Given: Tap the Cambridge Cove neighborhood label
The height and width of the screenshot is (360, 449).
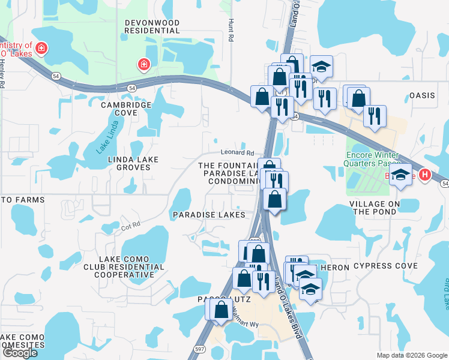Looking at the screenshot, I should (x=126, y=108).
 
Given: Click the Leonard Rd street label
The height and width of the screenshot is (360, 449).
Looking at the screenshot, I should (x=237, y=152).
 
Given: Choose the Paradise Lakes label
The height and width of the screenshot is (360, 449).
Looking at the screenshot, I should (x=208, y=214).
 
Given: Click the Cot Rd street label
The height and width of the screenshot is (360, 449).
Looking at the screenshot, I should (x=130, y=225).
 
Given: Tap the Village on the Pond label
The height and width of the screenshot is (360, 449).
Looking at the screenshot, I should (x=383, y=208).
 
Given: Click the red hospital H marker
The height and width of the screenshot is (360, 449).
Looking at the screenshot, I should (x=424, y=175).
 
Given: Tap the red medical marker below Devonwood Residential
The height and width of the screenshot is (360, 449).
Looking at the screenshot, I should (x=143, y=65).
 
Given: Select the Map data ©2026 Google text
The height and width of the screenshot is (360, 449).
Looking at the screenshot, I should (x=411, y=355).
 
